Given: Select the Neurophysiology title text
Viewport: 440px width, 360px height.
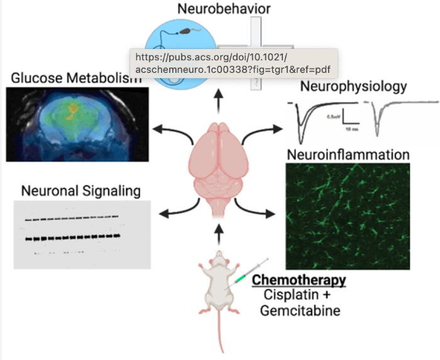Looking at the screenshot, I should pos(353,86).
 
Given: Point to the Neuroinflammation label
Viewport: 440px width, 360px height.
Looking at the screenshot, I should pos(348,154).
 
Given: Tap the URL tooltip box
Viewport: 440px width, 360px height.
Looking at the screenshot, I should pos(233,63).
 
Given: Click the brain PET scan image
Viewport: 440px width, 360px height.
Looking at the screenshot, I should pos(77,123).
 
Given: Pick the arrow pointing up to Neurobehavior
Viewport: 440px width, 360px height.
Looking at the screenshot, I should pos(218,100).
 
